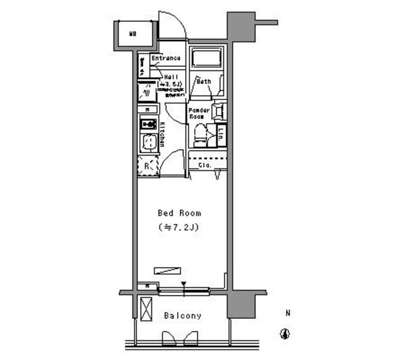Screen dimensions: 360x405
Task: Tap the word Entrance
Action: click(166, 59)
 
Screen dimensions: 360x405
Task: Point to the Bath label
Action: click(204, 82)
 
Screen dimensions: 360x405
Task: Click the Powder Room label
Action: click(199, 114)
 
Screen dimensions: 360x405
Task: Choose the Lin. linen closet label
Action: click(221, 134)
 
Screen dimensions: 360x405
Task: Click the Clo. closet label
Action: click(204, 166)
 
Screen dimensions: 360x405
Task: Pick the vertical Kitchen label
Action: click(162, 134)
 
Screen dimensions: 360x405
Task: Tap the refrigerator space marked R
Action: click(147, 166)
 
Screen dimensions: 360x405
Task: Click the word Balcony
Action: click(182, 316)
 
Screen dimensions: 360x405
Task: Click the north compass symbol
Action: click(286, 334)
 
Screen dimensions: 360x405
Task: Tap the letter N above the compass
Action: click(287, 313)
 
